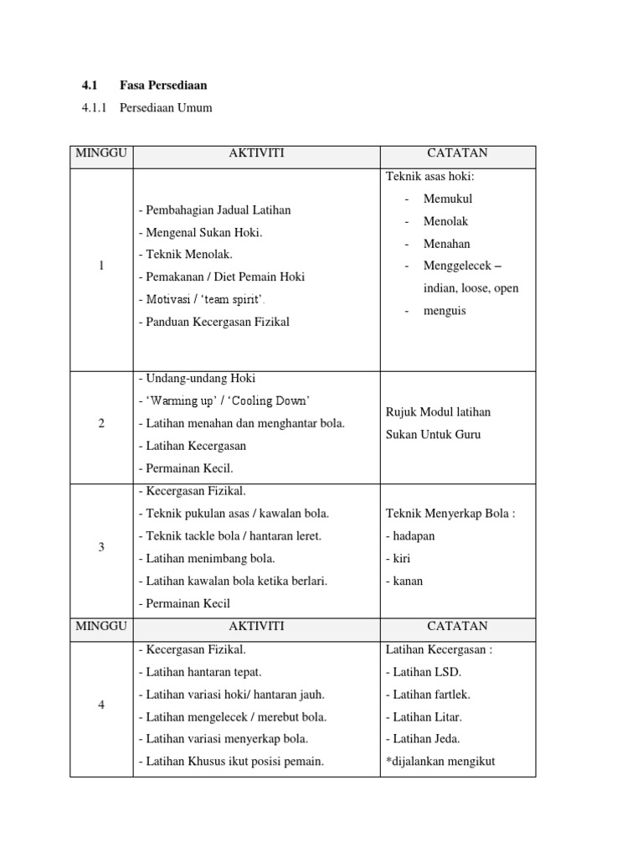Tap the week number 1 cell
101,266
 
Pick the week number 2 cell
101,424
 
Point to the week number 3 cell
101,548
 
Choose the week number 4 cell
101,706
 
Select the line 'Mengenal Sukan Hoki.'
201,232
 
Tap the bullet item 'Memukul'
448,199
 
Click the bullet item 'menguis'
445,311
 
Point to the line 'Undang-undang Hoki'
197,379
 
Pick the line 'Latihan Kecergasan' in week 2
196,447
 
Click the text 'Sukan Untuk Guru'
433,435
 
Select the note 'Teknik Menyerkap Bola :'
450,514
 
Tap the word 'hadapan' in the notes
410,536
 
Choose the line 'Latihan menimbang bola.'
207,559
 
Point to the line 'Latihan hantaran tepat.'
203,672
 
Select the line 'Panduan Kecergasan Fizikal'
214,322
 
